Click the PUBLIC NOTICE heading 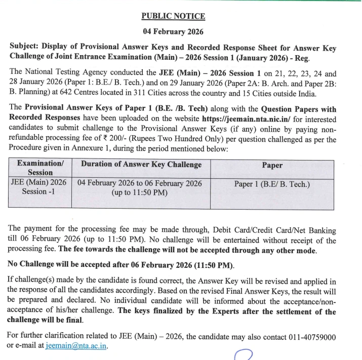coord(173,16)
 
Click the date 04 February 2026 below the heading coord(173,32)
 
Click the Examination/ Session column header coord(40,168)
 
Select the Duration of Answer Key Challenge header coord(141,165)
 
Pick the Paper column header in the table coord(272,165)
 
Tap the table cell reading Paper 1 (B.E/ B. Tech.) coord(272,184)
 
